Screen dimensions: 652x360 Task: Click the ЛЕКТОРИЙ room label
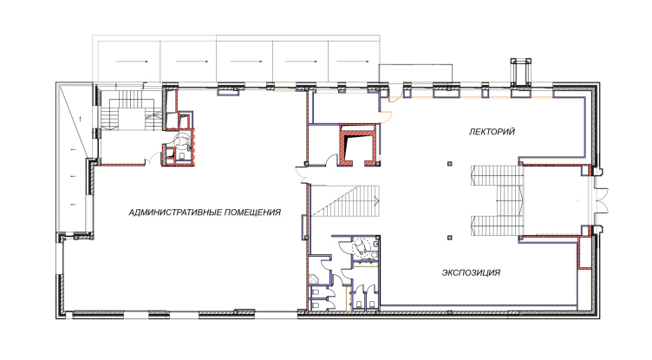tap(492, 132)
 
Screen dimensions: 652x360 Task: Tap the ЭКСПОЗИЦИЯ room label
tap(471, 273)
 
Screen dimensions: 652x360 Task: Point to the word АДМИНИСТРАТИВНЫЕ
tap(174, 213)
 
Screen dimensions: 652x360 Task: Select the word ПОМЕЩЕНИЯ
tap(252, 213)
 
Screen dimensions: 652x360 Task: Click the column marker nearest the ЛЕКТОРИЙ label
tap(449, 164)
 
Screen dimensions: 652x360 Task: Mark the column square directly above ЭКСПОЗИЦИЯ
tap(449, 238)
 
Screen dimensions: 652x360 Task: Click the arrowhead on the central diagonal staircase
tap(377, 201)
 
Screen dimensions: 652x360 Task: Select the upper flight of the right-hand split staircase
tap(496, 175)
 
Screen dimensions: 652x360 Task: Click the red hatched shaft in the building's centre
tap(359, 145)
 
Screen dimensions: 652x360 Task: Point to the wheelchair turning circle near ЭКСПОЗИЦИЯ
tap(361, 247)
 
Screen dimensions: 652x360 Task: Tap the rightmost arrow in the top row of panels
tap(353, 62)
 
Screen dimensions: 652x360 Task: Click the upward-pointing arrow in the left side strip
tap(81, 118)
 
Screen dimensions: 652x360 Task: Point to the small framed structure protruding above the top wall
tap(521, 72)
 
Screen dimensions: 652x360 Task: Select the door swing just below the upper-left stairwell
tap(155, 159)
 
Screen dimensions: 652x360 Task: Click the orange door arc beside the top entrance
tap(386, 117)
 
